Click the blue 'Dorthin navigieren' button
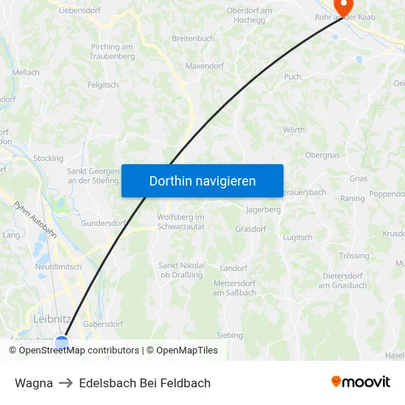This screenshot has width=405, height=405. [202, 180]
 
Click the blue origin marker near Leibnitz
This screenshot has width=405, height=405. [62, 342]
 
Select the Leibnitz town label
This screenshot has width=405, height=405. [52, 319]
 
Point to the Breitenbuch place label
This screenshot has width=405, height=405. [193, 38]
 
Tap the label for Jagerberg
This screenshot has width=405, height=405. [263, 210]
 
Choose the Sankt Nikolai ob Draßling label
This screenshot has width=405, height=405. [182, 270]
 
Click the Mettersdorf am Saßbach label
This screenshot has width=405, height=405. [235, 288]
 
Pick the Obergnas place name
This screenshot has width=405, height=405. [323, 155]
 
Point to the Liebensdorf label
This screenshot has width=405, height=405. [80, 11]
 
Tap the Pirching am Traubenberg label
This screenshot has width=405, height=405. [112, 52]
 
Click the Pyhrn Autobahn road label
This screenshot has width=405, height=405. [35, 219]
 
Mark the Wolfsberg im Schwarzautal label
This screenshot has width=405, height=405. [180, 222]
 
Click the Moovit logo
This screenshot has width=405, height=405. [360, 382]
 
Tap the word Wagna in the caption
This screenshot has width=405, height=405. [34, 383]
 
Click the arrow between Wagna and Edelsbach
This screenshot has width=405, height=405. [66, 383]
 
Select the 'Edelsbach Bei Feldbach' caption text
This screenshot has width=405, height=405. [144, 383]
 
